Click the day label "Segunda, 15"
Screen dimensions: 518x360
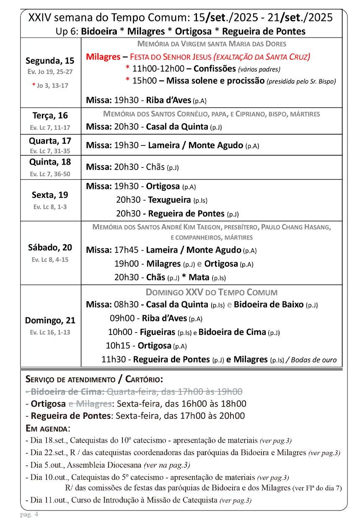[x=50, y=61]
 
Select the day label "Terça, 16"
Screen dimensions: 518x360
[x=50, y=116]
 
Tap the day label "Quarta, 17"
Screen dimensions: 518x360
[x=50, y=141]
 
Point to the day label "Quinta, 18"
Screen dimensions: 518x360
[x=50, y=162]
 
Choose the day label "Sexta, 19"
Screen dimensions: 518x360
[x=50, y=195]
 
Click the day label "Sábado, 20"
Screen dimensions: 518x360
[x=50, y=247]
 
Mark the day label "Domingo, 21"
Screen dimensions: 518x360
[x=50, y=320]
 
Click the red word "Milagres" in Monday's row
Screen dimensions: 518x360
[x=103, y=57]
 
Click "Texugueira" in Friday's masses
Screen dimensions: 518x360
[x=169, y=200]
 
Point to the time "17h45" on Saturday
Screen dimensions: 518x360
[x=126, y=250]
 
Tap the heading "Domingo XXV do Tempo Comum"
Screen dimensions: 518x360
[x=211, y=292]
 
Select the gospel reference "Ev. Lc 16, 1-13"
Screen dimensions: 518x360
[x=50, y=332]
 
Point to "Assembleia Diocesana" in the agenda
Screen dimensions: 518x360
[x=104, y=465]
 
